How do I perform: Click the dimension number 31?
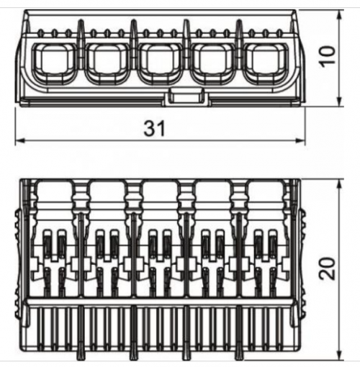coord(155,128)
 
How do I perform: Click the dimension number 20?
coord(327,268)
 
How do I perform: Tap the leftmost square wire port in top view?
coord(55,63)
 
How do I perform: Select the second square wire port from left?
coord(108,63)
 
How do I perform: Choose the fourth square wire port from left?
coord(214,63)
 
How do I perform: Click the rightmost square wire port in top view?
coord(266,63)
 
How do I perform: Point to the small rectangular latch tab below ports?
coord(187,97)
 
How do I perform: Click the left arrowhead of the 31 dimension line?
coord(19,141)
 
